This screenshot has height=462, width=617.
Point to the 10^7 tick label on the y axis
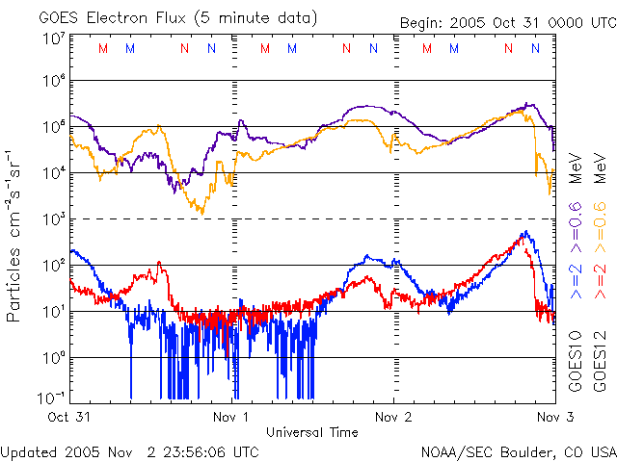point(53,38)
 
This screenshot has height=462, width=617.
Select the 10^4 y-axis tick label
point(53,172)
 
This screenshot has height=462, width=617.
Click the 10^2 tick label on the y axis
point(53,265)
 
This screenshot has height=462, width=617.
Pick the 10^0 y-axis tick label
point(53,357)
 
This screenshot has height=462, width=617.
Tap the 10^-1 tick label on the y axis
point(51,398)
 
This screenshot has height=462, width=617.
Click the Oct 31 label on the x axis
point(69,418)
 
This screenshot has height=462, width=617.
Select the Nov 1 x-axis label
point(231,418)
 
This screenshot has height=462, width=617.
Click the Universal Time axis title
point(312,432)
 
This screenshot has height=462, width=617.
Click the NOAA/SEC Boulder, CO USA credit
point(518,450)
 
